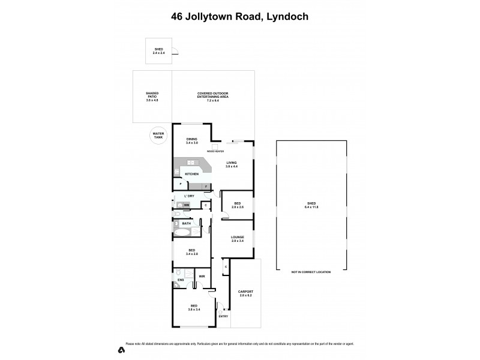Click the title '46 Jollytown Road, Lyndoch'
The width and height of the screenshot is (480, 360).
tap(240, 17)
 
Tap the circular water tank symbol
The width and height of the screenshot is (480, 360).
tap(158, 136)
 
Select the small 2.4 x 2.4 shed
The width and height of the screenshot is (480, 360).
tap(159, 51)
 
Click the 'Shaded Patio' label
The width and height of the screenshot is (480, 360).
tap(152, 96)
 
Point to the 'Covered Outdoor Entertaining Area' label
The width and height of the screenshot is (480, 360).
tap(213, 95)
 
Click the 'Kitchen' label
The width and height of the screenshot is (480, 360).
tap(191, 174)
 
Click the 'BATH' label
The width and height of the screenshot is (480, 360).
tap(187, 223)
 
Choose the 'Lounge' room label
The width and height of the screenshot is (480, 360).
tap(238, 239)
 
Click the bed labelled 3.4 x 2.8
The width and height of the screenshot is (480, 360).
tap(191, 252)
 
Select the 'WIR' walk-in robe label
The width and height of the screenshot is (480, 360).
tap(202, 277)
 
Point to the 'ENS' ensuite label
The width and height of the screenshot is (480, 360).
tap(180, 280)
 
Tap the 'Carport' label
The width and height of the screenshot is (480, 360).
tap(247, 293)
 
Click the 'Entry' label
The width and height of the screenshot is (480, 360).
tap(223, 316)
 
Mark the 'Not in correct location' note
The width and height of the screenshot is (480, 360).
tap(311, 272)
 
